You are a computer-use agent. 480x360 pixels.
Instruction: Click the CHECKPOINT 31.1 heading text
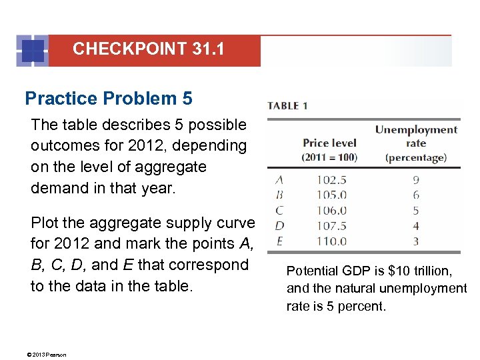148,49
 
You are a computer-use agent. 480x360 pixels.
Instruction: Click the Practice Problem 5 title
109,99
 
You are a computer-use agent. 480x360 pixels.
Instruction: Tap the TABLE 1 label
287,105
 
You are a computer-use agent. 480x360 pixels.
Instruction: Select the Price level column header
330,149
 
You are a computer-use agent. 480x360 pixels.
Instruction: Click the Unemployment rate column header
416,143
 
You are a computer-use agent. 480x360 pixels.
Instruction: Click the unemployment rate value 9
416,179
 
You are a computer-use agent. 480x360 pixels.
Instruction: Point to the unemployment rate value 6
416,195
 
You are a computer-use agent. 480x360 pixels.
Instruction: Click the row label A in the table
279,179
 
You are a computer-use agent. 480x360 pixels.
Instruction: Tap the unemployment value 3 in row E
416,241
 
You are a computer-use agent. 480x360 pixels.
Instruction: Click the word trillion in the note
430,271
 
